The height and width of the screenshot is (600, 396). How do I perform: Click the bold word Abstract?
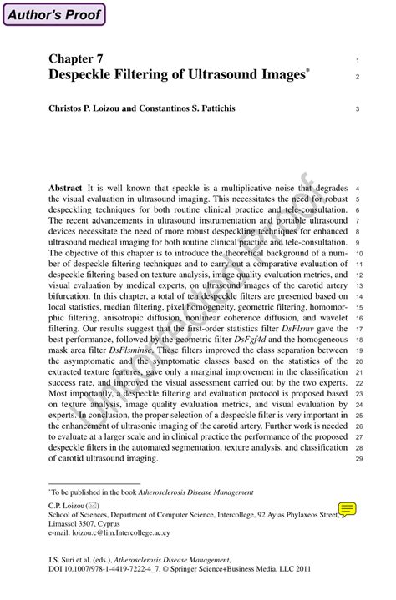tap(65, 189)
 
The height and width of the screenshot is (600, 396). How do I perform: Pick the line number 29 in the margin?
tap(358, 459)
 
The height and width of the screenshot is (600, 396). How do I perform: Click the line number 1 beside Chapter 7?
tap(358, 61)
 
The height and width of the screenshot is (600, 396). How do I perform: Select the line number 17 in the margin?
tap(358, 330)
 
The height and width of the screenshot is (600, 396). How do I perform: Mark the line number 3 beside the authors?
tap(358, 108)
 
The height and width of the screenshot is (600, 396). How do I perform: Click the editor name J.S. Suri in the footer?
tap(64, 559)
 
